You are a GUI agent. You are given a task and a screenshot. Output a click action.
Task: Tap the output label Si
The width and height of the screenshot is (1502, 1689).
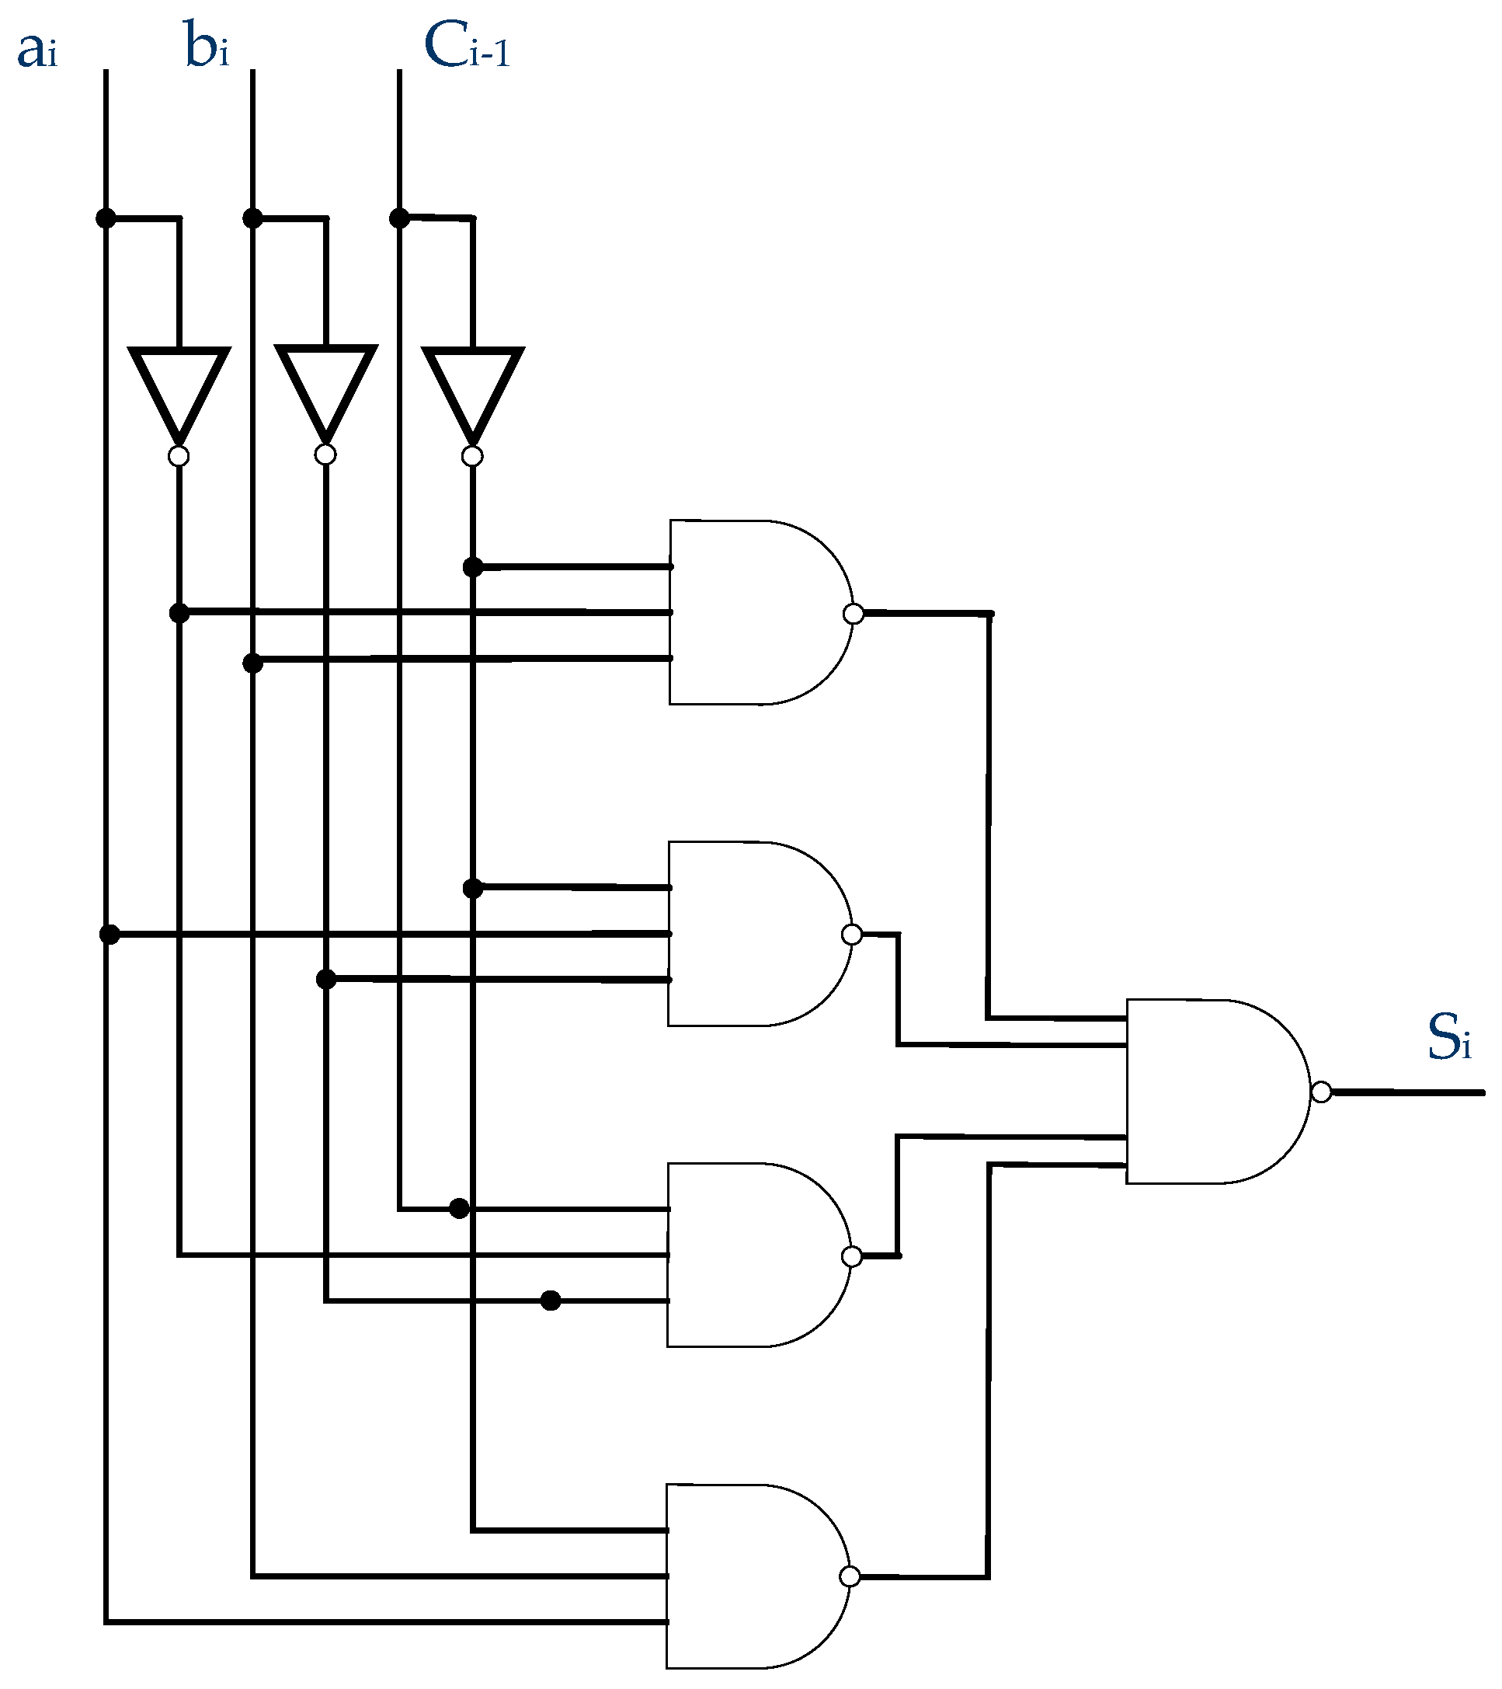click(1448, 1039)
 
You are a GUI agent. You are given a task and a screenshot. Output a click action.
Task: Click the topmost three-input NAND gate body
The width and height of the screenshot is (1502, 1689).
click(752, 612)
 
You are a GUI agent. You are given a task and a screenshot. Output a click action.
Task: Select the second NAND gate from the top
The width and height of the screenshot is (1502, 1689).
click(752, 934)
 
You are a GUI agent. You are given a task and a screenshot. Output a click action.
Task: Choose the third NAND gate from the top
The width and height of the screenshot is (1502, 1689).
click(752, 1255)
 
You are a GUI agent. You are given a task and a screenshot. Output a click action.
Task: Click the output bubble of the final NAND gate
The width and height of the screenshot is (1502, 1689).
click(1321, 1092)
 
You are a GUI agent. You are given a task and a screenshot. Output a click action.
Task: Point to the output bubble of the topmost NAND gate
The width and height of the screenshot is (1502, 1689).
click(854, 614)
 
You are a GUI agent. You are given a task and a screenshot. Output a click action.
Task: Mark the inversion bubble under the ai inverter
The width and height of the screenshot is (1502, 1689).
click(179, 456)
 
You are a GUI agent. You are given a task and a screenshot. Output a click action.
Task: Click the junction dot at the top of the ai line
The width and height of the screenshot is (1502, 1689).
click(106, 218)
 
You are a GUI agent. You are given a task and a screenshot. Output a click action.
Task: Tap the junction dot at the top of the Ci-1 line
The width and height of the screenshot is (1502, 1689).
click(399, 218)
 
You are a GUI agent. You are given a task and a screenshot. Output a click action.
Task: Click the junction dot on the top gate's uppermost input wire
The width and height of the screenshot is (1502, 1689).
click(472, 567)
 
